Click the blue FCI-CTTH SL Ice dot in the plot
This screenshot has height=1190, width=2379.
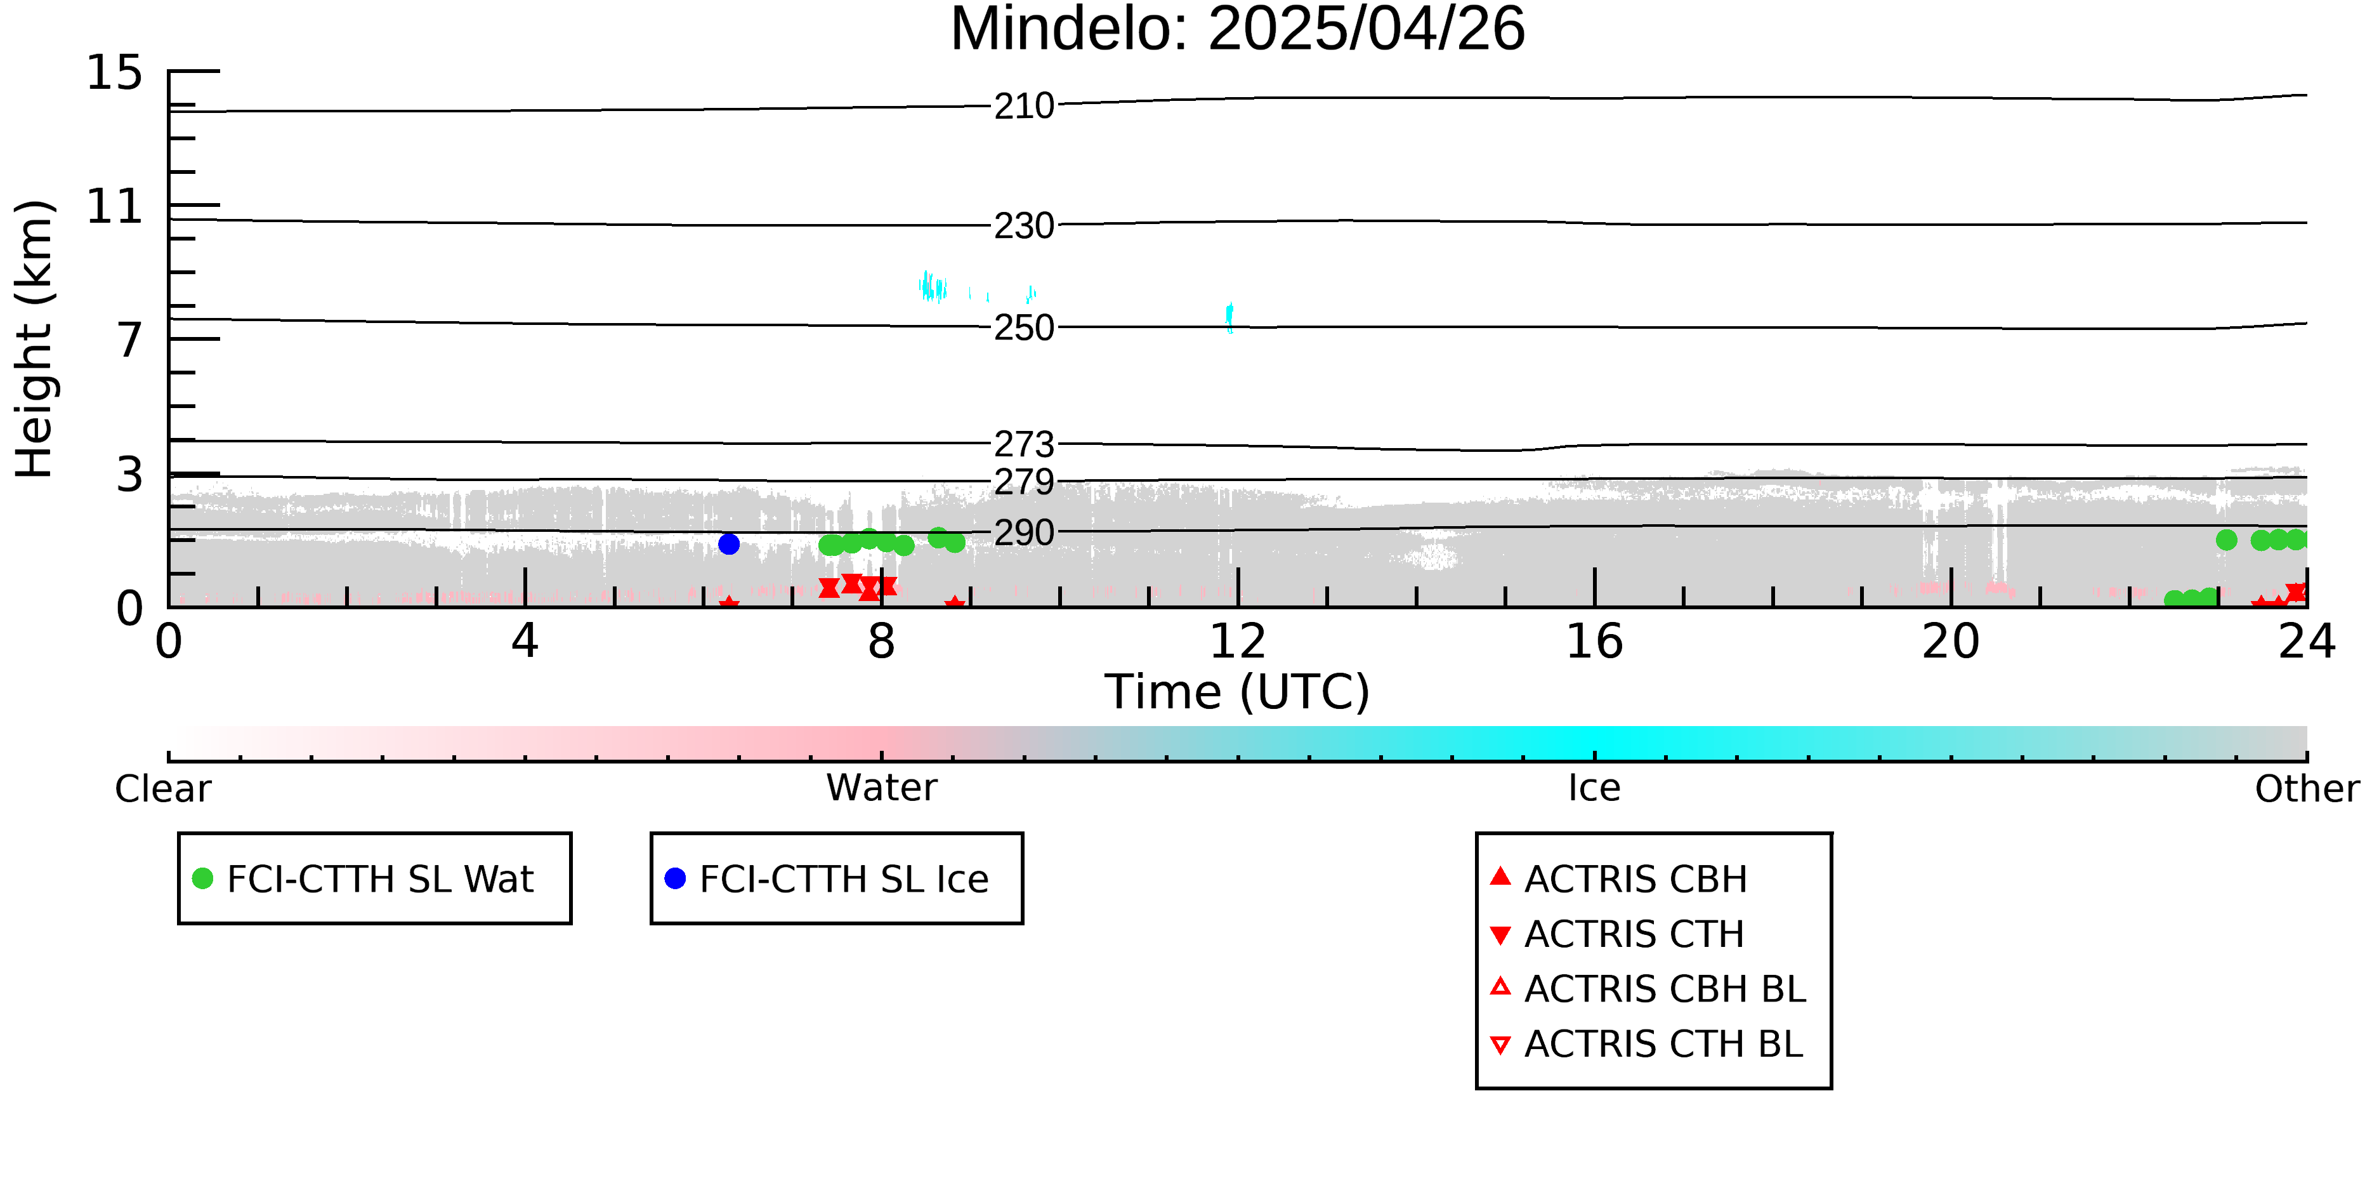[729, 544]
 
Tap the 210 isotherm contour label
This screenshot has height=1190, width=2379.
[1023, 106]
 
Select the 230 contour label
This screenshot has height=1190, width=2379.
[1023, 225]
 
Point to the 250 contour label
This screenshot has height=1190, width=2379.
[1023, 328]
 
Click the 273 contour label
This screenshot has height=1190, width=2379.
[1023, 444]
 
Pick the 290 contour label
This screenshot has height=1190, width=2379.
[1023, 532]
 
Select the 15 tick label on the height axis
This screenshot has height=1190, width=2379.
[115, 73]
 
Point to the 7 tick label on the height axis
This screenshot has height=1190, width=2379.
[129, 340]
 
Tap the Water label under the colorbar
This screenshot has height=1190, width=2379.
[881, 788]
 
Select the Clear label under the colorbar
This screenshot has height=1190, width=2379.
[162, 789]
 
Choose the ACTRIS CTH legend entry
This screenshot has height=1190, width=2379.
[1633, 934]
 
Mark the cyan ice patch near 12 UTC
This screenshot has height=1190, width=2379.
[1229, 317]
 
